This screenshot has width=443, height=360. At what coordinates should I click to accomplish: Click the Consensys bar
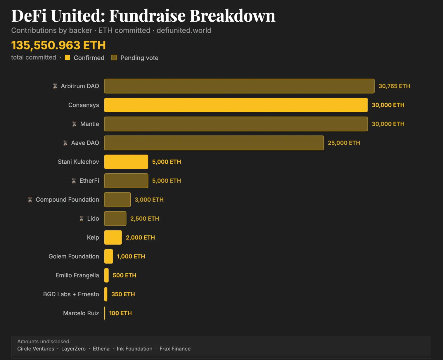coord(236,105)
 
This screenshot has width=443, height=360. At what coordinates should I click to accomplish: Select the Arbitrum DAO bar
coord(239,86)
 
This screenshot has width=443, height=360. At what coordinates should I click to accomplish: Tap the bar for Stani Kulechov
coord(126,162)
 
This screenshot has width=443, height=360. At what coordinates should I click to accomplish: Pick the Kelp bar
coord(113,237)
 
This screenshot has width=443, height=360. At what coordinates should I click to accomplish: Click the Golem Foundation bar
coord(108,256)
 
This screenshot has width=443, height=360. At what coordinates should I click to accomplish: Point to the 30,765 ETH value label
coord(394,86)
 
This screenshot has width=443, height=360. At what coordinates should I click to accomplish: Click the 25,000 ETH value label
coord(344,143)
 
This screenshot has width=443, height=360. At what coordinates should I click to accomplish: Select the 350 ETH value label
coord(123,294)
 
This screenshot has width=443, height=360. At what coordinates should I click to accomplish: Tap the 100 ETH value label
coord(120,313)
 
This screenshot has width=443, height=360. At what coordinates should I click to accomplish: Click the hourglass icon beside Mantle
coord(75,124)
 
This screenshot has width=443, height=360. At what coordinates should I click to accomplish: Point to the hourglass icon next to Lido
coord(82,219)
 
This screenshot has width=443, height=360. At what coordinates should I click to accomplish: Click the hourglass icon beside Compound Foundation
coord(30,200)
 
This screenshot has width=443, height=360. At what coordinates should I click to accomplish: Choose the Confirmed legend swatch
coord(68,58)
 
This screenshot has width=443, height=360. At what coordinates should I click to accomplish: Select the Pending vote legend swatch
coord(114,58)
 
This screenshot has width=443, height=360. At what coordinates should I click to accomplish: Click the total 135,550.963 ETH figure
coord(58,45)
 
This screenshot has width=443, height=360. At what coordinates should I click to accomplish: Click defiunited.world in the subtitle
coord(184,30)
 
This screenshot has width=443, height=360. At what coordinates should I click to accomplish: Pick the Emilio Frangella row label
coord(77,275)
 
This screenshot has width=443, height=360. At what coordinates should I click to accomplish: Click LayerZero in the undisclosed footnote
coord(73,349)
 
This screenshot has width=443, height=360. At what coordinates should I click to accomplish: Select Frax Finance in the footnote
coord(175,349)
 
